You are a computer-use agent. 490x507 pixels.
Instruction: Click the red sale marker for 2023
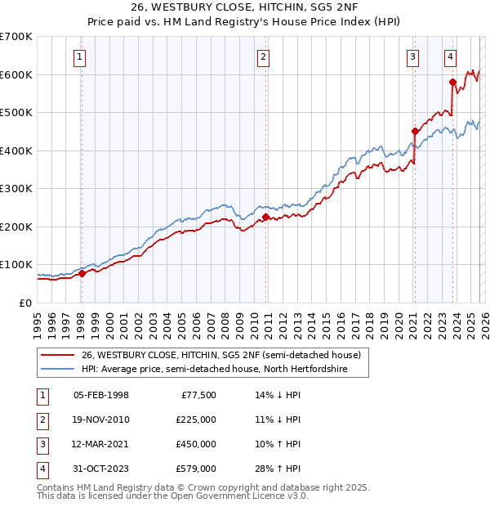point(452,82)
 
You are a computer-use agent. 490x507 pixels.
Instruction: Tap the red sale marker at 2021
point(415,131)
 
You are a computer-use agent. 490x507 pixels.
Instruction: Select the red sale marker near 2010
point(266,217)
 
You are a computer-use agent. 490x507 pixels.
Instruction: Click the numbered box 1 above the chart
point(80,57)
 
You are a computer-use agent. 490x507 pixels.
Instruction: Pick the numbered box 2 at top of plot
point(264,57)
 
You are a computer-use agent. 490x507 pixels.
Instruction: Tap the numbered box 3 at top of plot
point(413,57)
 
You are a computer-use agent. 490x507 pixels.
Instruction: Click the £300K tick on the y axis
point(17,189)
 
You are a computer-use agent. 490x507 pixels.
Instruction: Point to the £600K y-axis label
point(17,74)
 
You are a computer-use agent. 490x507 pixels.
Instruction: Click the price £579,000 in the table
point(195,469)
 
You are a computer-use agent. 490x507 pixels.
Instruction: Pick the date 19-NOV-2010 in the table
point(100,420)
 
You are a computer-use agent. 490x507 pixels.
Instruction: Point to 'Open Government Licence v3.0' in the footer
point(238,496)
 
